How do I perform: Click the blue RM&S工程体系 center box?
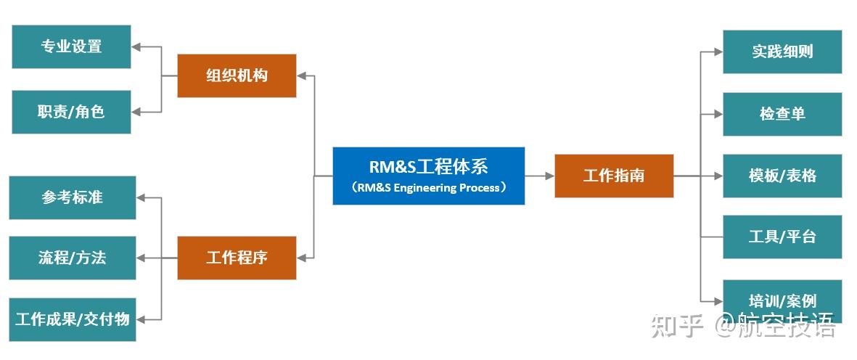click(428, 176)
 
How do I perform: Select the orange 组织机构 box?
click(237, 75)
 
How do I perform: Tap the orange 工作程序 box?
click(237, 258)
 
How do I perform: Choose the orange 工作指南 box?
click(614, 176)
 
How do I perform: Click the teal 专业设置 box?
click(71, 46)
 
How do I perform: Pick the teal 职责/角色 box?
click(71, 112)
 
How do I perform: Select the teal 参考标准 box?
click(72, 197)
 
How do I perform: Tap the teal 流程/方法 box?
click(72, 258)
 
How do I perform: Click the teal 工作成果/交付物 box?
click(72, 319)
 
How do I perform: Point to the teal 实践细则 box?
click(782, 52)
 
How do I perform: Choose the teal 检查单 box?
click(782, 114)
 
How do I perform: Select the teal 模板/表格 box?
click(782, 176)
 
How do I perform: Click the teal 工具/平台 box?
click(782, 237)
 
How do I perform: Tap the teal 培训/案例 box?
click(782, 300)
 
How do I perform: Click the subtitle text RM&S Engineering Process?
click(428, 188)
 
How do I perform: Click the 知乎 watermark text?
click(677, 326)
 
